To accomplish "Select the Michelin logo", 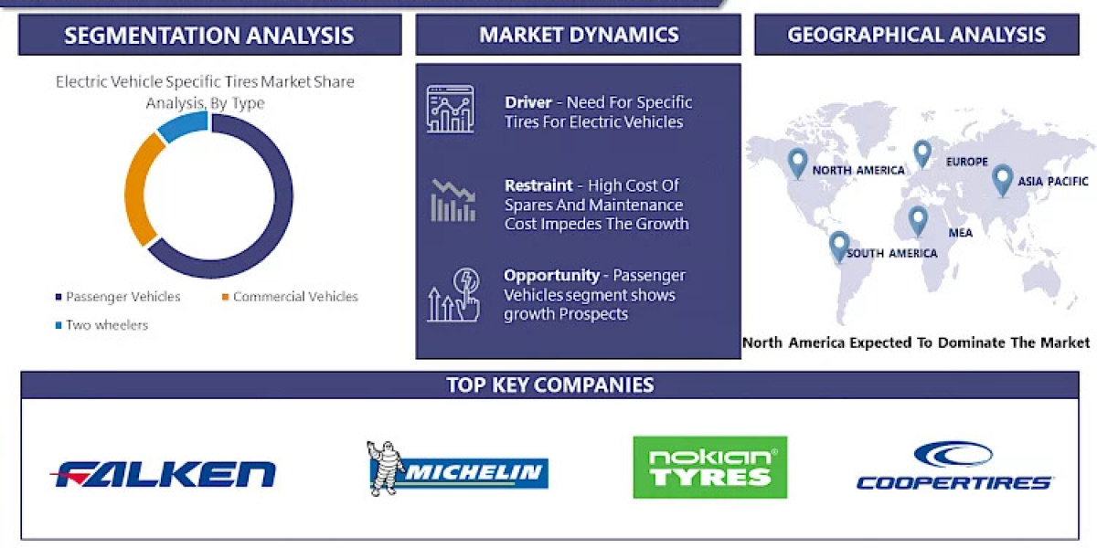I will (x=457, y=470).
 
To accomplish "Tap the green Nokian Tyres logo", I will (x=709, y=467).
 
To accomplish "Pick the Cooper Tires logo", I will (x=953, y=467).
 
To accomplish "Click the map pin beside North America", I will (x=797, y=163).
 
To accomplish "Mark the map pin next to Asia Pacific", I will (x=1002, y=179).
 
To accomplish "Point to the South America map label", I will (x=891, y=253).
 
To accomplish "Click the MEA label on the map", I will (x=960, y=233).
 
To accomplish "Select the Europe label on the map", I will (x=966, y=162).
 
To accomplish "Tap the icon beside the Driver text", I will (x=450, y=110).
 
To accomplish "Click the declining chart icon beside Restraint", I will (x=453, y=201).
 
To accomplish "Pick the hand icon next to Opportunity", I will (x=453, y=294).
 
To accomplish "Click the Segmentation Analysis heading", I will (x=209, y=36).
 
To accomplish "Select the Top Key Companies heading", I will (x=549, y=385).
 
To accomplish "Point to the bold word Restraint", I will (x=538, y=185).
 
